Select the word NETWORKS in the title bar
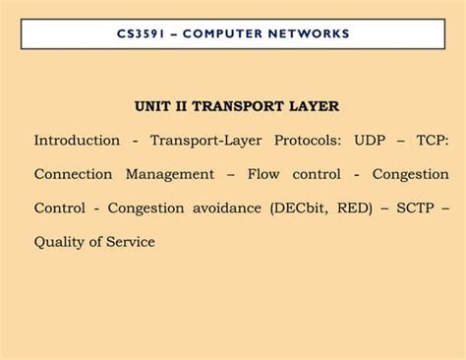[x=307, y=33]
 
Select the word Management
[x=169, y=175]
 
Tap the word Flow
[x=264, y=175]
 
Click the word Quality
[x=62, y=242]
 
